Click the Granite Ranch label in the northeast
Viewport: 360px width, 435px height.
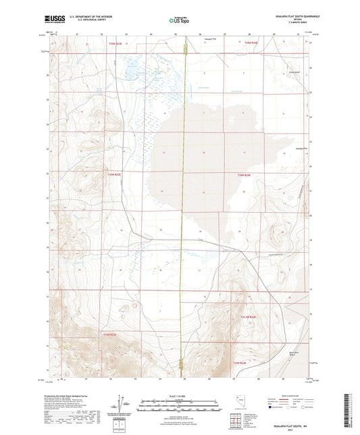[x=293, y=72]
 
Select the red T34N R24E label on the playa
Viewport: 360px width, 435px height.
[x=244, y=175]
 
